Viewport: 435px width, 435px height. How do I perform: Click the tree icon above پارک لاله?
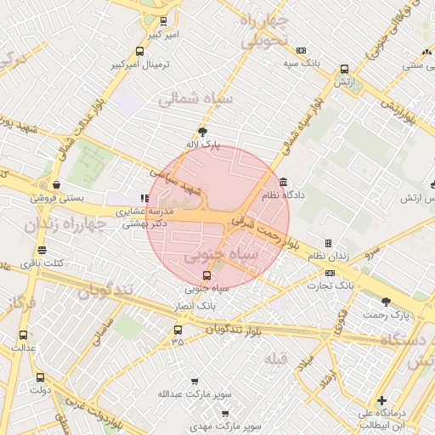click(202, 132)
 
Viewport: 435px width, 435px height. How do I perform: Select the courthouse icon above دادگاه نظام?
click(282, 182)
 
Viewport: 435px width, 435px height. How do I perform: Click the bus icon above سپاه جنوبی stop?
click(206, 275)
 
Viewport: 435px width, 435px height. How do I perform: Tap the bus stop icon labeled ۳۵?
click(178, 330)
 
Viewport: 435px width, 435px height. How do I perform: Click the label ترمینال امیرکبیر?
click(140, 65)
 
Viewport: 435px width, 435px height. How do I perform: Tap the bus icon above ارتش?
click(344, 70)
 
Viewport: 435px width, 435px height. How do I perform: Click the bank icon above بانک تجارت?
click(330, 273)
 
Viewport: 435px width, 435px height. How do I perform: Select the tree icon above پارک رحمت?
click(387, 302)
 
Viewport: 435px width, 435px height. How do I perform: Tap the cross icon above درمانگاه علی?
click(381, 400)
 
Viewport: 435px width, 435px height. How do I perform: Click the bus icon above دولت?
click(39, 377)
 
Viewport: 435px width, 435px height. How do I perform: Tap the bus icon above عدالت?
click(22, 335)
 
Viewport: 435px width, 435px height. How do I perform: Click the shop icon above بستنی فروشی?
click(56, 184)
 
